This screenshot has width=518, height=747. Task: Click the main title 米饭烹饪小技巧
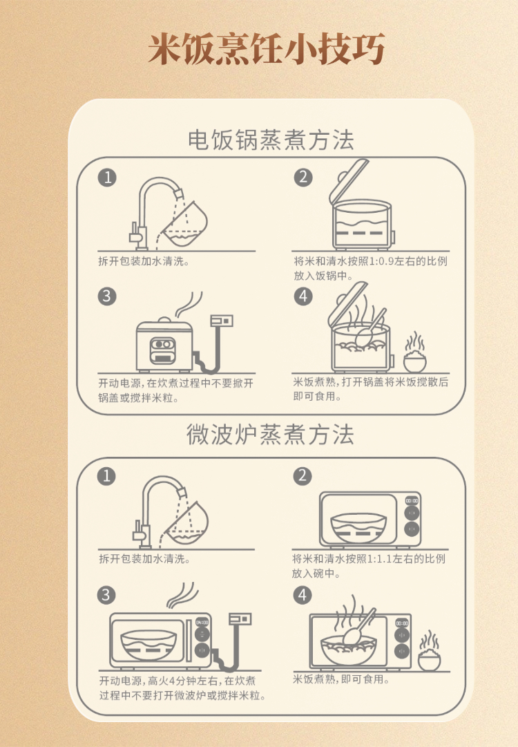click(266, 49)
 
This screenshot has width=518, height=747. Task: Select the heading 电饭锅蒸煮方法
click(271, 140)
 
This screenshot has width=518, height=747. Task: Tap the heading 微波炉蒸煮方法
click(270, 435)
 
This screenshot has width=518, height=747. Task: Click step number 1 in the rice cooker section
click(107, 178)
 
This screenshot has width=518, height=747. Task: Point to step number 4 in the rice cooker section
click(303, 296)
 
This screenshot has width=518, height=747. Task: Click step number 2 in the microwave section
click(303, 476)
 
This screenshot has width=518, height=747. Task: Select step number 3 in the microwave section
click(106, 595)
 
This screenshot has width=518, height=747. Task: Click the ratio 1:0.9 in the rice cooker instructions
click(381, 261)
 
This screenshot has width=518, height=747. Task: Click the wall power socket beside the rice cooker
click(222, 320)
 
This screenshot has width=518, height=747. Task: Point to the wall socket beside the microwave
click(240, 619)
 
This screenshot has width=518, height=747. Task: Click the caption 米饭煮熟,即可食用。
click(341, 679)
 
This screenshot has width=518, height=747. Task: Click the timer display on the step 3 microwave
click(202, 623)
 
